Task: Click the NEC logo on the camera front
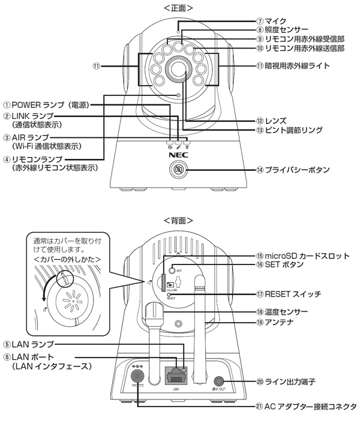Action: coord(179,154)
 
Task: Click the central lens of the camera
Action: coord(179,70)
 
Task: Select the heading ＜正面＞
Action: coord(178,8)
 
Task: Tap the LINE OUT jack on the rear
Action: coord(218,380)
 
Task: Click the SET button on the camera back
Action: coord(171,270)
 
